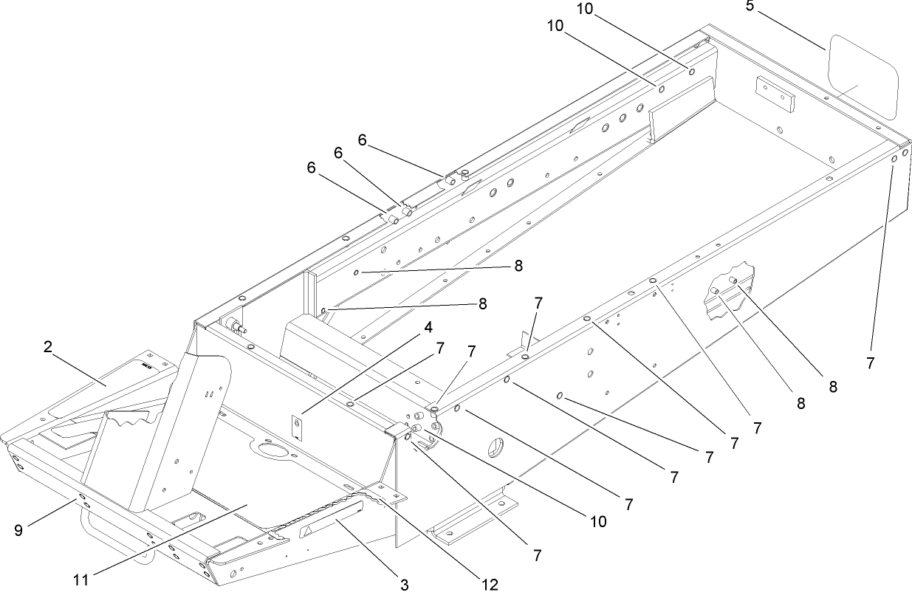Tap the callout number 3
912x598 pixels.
pyautogui.click(x=404, y=585)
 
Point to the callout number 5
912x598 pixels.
pyautogui.click(x=750, y=7)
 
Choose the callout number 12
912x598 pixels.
pyautogui.click(x=489, y=585)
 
